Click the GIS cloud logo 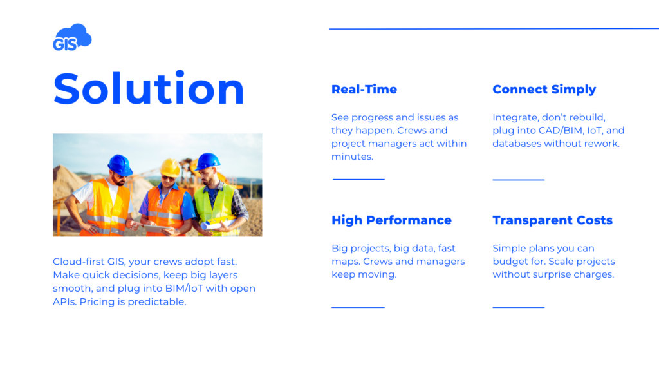[71, 38]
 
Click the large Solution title [149, 89]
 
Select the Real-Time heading [364, 90]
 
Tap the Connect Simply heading [544, 90]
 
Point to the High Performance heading [391, 220]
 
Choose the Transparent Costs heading [552, 220]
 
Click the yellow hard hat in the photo [170, 167]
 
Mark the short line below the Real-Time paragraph [358, 179]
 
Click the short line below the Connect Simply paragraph [518, 180]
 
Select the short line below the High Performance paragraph [358, 307]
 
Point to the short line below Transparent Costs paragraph [518, 307]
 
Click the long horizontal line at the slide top [494, 28]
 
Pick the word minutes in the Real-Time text [351, 157]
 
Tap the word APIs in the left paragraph [64, 301]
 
